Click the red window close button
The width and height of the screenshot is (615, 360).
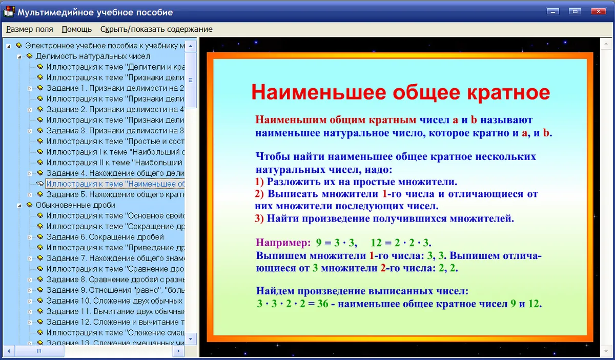pos(599,12)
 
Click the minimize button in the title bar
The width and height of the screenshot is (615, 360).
pos(552,12)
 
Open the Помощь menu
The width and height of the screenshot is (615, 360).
pos(76,29)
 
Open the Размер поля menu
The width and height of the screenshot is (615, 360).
pos(30,29)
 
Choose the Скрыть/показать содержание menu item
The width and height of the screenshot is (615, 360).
pos(156,29)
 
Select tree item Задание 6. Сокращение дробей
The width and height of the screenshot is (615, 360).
pos(105,237)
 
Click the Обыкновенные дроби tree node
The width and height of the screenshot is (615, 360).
pos(75,205)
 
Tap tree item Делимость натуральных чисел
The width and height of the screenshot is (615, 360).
pos(93,56)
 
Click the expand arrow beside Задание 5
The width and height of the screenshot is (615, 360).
pos(30,195)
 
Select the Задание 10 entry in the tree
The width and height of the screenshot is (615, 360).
pos(115,301)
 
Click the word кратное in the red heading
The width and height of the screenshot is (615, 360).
pos(508,92)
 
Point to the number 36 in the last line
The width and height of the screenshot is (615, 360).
pos(322,304)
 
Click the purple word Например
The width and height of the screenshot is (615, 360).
pos(283,243)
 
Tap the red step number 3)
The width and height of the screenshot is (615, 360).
pos(259,218)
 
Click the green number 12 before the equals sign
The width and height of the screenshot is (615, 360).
pos(376,243)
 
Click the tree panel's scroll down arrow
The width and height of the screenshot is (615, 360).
pos(191,338)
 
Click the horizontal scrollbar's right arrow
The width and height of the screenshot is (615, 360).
pos(179,351)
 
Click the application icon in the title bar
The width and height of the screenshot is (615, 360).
pos(9,12)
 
